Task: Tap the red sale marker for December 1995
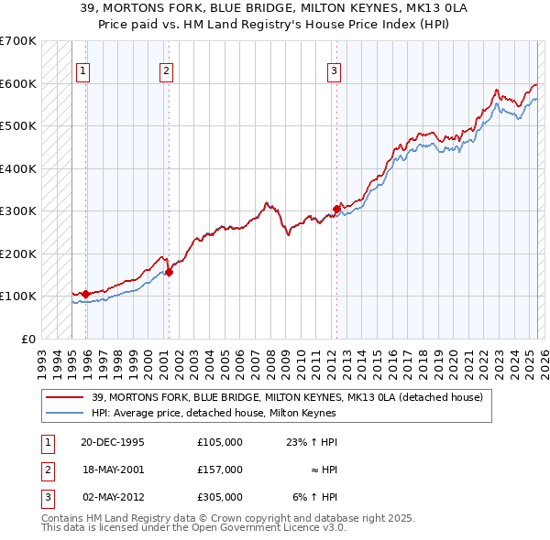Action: (86, 294)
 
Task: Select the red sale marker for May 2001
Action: (169, 272)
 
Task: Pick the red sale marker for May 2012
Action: (336, 209)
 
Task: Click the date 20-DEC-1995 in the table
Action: (113, 441)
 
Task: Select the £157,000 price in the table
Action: (220, 470)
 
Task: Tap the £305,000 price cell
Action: (220, 497)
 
